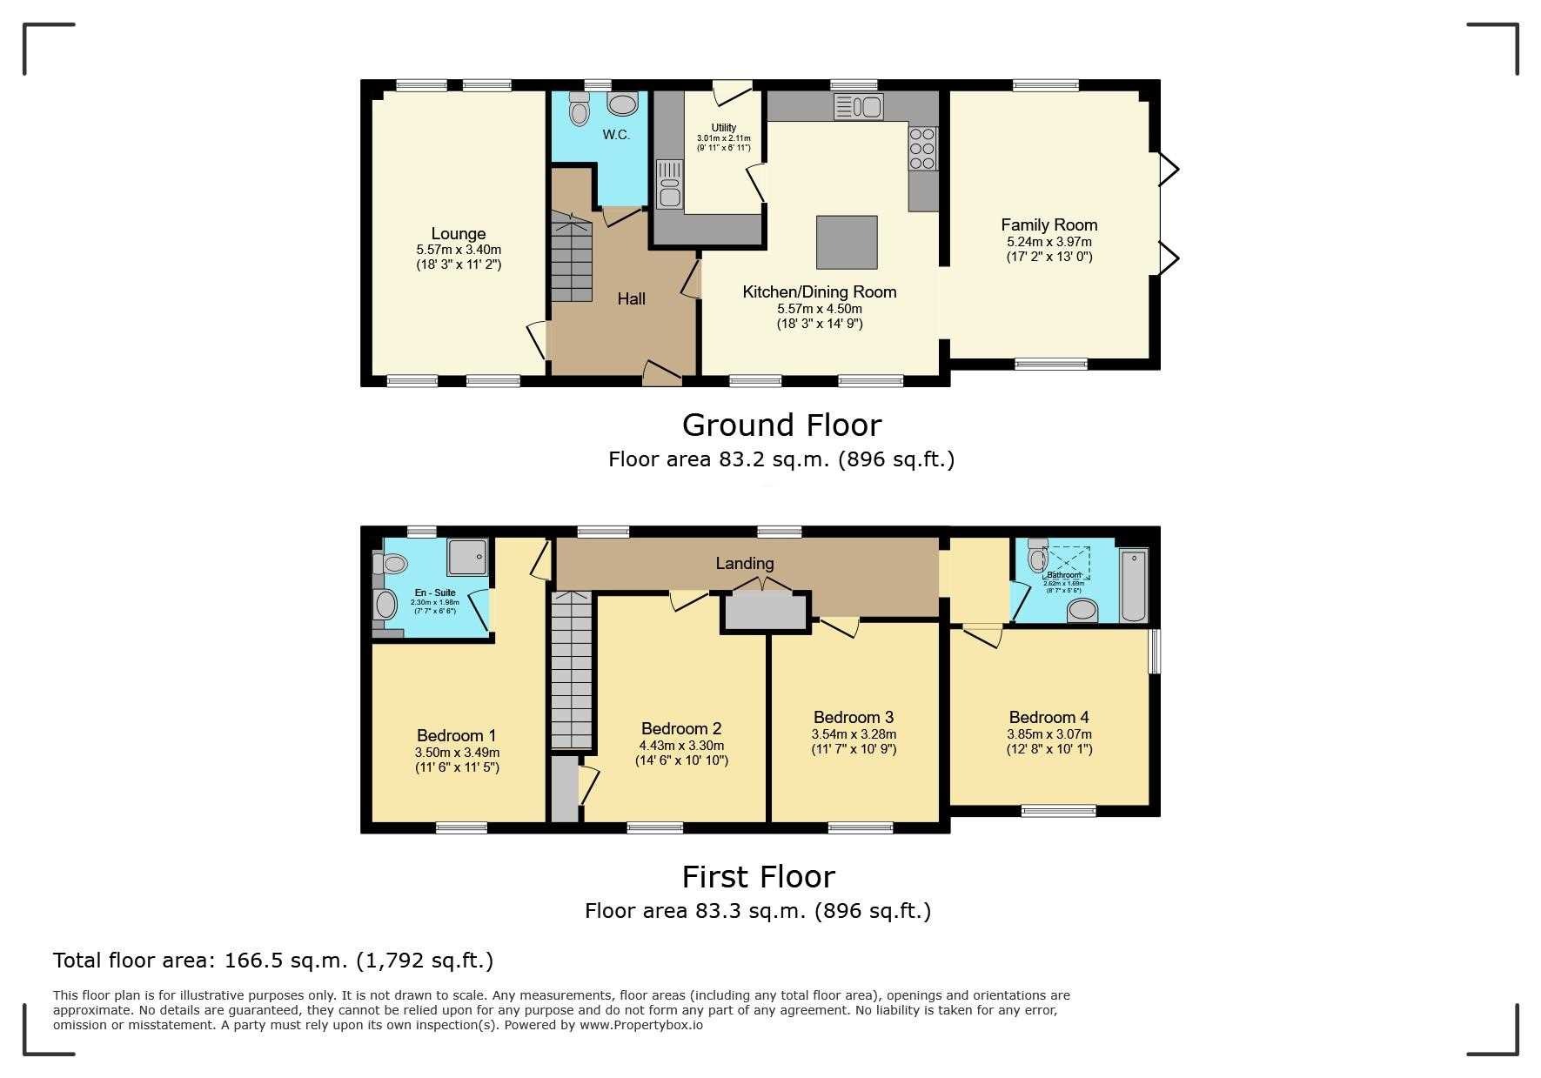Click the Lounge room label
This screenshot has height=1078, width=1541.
[x=458, y=233]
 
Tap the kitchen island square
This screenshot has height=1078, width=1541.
[x=847, y=242]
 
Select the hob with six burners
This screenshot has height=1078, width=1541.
[x=922, y=149]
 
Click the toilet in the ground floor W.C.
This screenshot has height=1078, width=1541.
[x=578, y=111]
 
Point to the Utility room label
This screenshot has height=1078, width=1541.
[x=723, y=128]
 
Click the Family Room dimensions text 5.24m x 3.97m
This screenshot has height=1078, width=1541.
[x=1049, y=242]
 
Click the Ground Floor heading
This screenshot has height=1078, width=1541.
[x=781, y=425]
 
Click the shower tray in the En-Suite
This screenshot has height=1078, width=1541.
[x=468, y=557]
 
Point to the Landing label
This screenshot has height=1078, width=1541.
[x=744, y=563]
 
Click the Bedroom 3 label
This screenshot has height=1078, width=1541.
[x=853, y=717]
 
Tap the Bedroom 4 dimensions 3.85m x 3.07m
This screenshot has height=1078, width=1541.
[x=1049, y=734]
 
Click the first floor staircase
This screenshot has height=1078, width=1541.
[x=572, y=670]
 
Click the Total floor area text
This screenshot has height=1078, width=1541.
[x=273, y=961]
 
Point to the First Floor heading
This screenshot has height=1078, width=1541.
[x=758, y=876]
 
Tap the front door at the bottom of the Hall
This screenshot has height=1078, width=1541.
[x=662, y=375]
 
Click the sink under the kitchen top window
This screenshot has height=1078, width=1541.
[x=858, y=107]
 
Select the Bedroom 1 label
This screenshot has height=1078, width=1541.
[x=456, y=735]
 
